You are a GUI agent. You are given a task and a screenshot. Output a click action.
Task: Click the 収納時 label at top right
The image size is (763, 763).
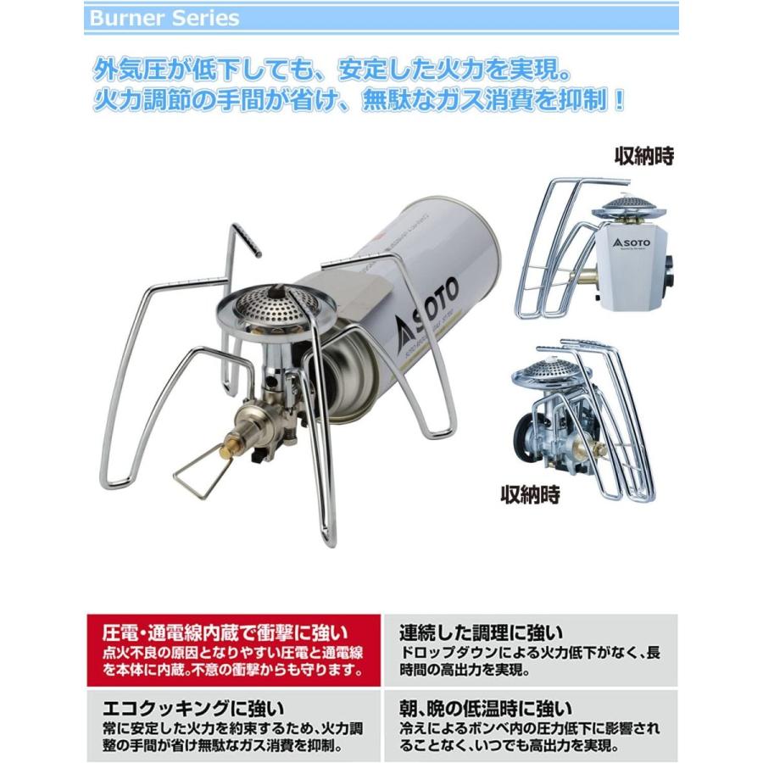click(x=643, y=158)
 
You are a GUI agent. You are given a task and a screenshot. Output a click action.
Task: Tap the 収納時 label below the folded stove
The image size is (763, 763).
click(x=530, y=493)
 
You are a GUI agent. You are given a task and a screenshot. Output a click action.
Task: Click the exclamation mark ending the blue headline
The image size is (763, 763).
click(x=620, y=100)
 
